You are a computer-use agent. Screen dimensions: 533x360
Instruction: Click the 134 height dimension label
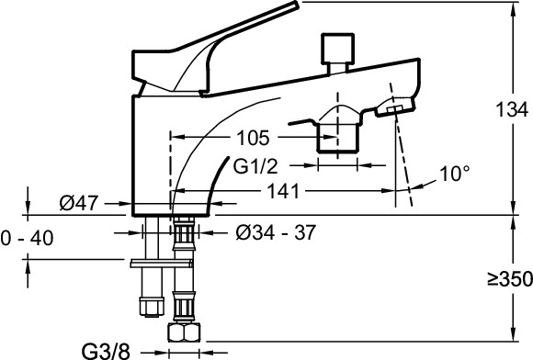pos(512,109)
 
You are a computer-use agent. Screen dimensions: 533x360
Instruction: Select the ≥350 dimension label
pos(510,279)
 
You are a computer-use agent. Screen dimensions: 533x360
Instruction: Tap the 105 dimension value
pos(253,138)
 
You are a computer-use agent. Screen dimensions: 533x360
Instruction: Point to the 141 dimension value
pos(283,191)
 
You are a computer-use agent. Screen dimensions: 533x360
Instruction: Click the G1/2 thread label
pos(255,166)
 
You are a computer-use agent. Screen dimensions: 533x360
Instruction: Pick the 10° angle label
pos(455,174)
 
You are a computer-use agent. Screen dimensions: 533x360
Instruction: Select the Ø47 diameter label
pos(78,203)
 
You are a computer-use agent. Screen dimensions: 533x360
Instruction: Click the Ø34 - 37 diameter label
pos(276,232)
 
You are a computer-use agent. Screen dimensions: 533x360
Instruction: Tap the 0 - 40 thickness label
pos(27,238)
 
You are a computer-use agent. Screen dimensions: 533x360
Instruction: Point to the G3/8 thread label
pos(106,351)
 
